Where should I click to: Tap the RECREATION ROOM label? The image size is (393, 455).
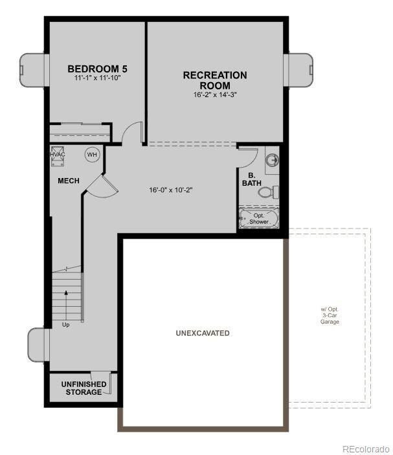coord(214,80)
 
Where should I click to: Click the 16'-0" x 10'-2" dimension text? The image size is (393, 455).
coord(171,190)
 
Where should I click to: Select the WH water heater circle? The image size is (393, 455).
coord(92,155)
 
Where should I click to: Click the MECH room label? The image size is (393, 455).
coord(68,181)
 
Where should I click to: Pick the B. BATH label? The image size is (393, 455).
coord(251,179)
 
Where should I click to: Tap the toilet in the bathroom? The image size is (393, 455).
coord(275,192)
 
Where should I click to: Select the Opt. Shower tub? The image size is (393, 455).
coord(258,218)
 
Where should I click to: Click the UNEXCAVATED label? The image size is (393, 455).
coord(202,333)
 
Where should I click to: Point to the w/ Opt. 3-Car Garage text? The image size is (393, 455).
coord(329,315)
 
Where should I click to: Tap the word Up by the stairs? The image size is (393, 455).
coord(65,324)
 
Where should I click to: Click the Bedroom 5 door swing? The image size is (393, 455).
coord(132,133)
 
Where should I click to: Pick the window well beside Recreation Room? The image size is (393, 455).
coord(299,69)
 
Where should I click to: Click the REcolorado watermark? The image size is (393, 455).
coord(365,449)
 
